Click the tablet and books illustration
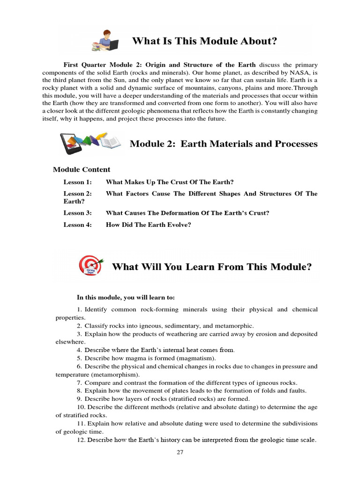pos(91,143)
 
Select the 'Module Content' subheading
pos(82,169)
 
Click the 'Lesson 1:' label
pos(77,182)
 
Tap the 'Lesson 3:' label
pos(77,213)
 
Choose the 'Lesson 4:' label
pos(77,225)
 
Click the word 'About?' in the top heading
pos(258,41)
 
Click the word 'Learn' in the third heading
pos(199,267)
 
